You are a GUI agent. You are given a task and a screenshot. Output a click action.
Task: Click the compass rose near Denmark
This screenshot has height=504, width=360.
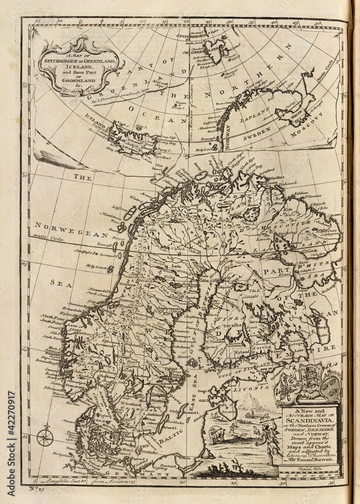pyautogui.click(x=45, y=436)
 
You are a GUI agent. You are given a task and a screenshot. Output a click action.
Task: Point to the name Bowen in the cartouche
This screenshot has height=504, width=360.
pyautogui.click(x=326, y=459)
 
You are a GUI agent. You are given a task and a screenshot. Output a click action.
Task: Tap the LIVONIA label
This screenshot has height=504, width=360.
pyautogui.click(x=253, y=388)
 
